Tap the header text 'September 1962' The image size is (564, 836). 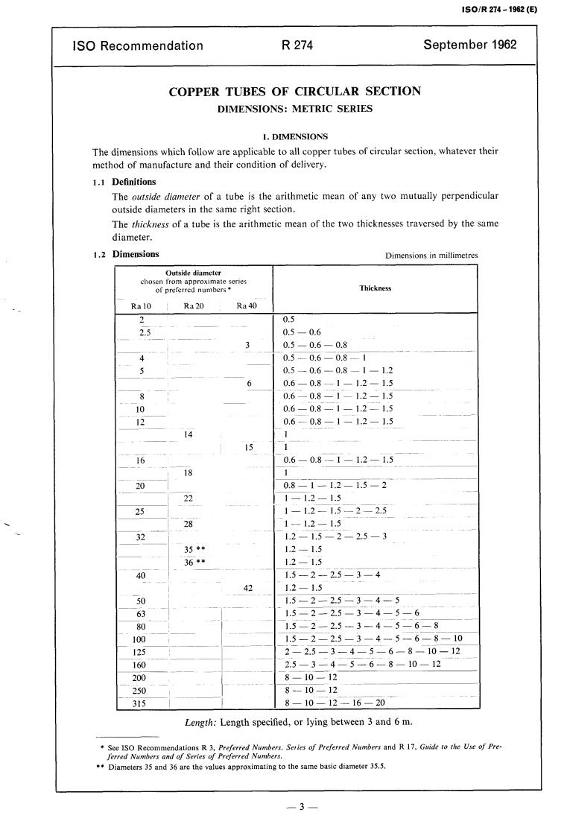pyautogui.click(x=469, y=45)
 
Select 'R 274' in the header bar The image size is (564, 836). pyautogui.click(x=297, y=45)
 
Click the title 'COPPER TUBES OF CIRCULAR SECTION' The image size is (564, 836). pyautogui.click(x=295, y=92)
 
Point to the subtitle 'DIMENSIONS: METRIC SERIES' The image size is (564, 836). pyautogui.click(x=295, y=109)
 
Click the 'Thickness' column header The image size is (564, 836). pyautogui.click(x=375, y=288)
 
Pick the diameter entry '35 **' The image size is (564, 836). pyautogui.click(x=194, y=550)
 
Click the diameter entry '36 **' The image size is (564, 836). pyautogui.click(x=194, y=563)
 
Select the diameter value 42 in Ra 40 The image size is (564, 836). pyautogui.click(x=249, y=588)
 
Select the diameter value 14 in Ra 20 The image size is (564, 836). pyautogui.click(x=188, y=434)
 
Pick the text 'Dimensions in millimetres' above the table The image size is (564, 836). pyautogui.click(x=431, y=256)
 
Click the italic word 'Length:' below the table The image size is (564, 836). pyautogui.click(x=200, y=722)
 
